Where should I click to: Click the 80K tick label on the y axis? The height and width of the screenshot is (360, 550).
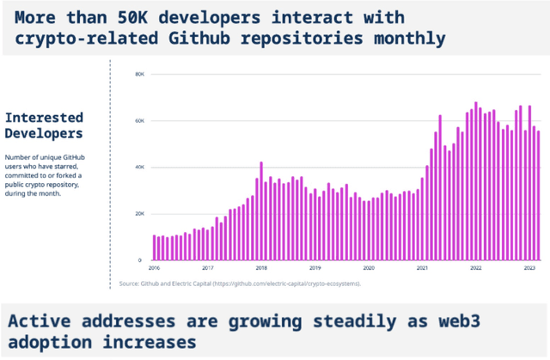tap(139, 75)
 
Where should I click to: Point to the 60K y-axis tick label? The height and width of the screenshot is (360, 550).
tap(139, 121)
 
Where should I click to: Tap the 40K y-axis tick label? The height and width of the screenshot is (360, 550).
tap(139, 168)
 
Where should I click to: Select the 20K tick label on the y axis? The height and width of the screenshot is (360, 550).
tap(139, 214)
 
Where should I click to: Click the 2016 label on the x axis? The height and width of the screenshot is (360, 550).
tap(155, 268)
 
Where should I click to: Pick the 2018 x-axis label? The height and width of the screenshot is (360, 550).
tap(260, 268)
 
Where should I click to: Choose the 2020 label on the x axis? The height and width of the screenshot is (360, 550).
tap(368, 268)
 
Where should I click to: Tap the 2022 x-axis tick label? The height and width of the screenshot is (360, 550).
tap(475, 268)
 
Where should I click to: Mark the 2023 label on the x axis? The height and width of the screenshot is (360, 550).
tap(528, 268)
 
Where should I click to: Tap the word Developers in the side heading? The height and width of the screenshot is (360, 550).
tap(44, 133)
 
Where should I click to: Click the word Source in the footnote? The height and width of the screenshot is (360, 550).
tap(129, 284)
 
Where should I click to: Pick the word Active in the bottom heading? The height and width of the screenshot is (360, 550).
tap(37, 322)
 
